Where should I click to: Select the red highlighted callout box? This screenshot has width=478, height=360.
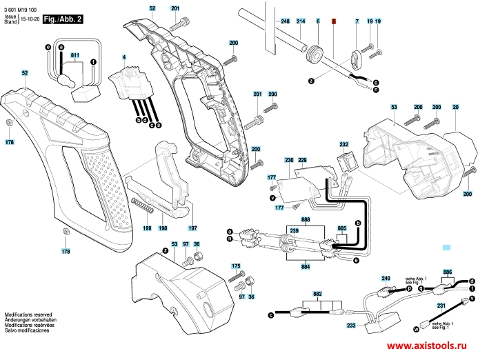(x=333, y=22)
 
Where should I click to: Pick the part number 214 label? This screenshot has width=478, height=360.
(x=301, y=22)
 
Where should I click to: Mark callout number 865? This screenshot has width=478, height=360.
(x=341, y=228)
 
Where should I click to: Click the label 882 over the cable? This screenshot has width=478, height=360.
(x=317, y=294)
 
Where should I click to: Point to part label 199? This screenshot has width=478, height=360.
(x=146, y=228)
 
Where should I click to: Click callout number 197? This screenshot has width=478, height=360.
(x=192, y=228)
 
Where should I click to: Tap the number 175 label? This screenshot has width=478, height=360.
(x=236, y=266)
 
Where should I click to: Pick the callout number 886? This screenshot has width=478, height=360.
(x=448, y=272)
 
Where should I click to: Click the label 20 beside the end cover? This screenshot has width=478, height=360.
(x=455, y=107)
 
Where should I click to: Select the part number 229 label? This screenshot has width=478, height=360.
(x=301, y=160)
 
